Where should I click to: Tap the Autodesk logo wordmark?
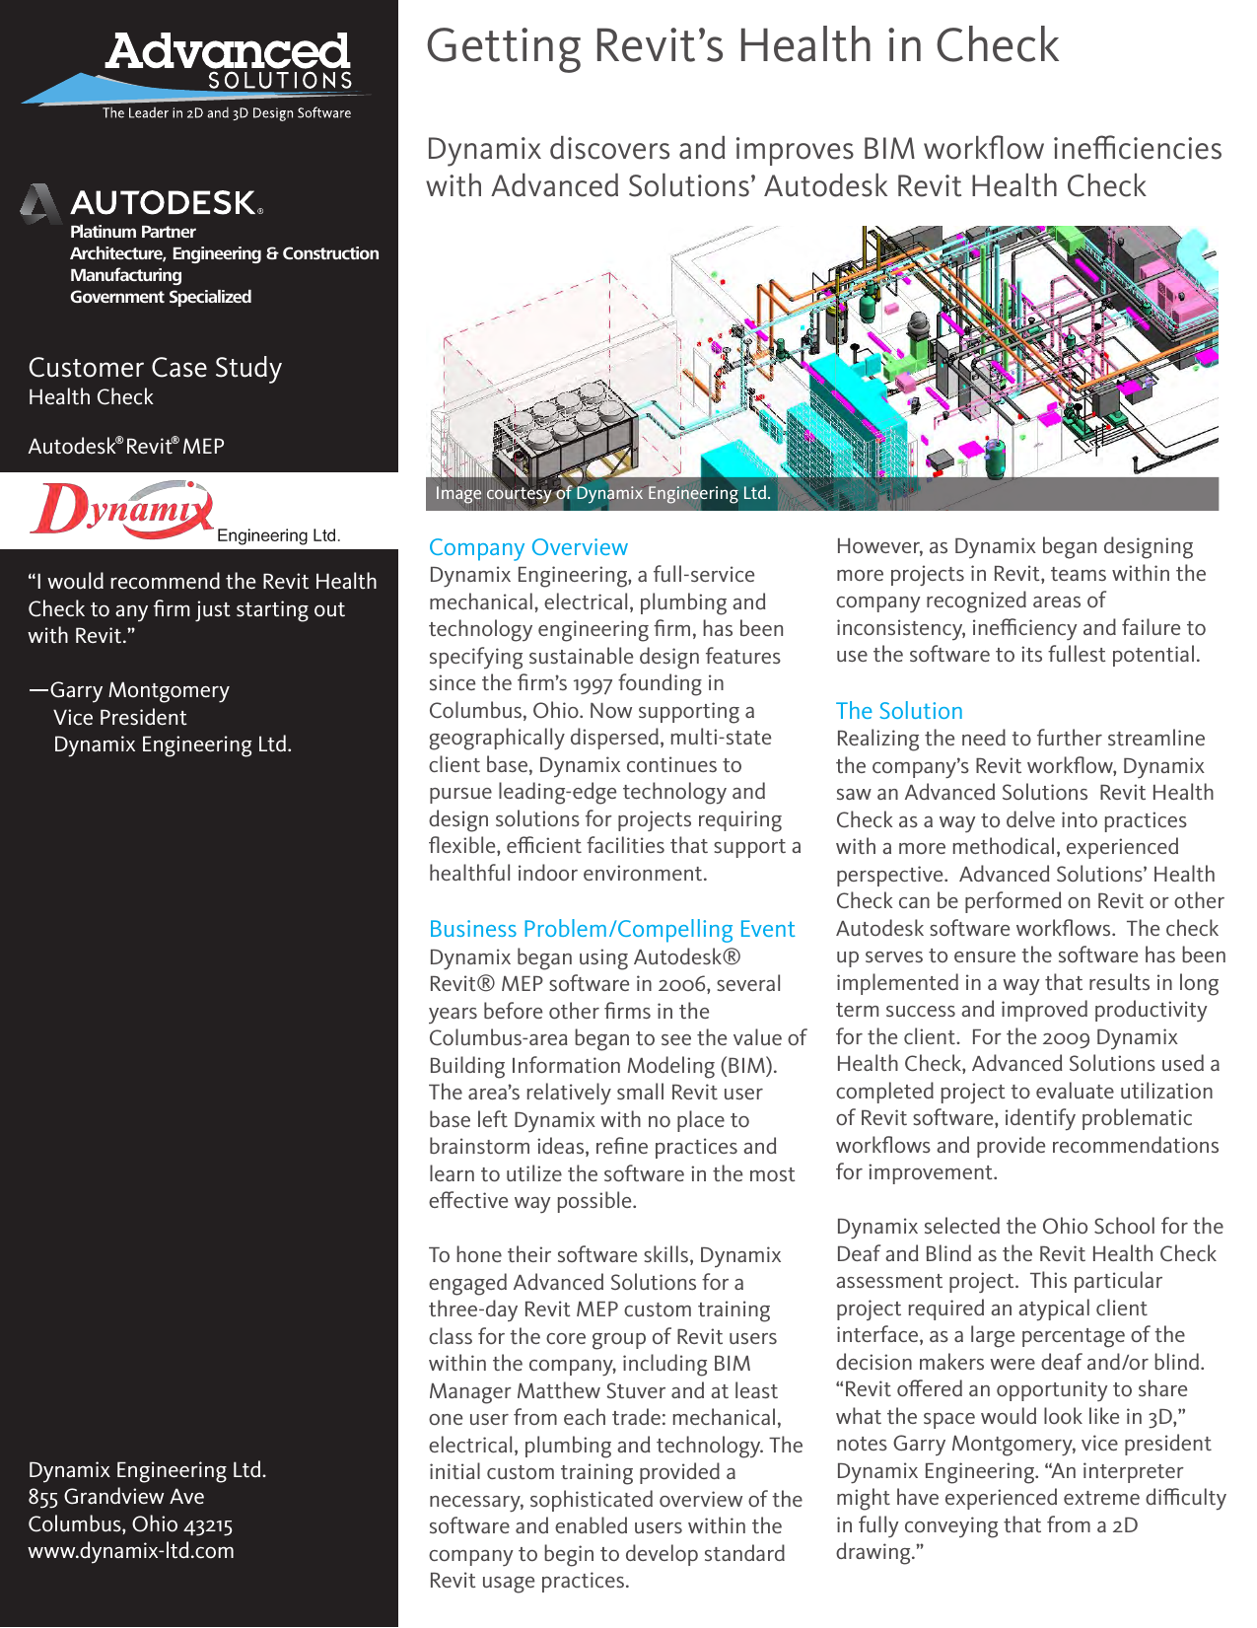(x=164, y=203)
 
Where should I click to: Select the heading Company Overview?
(x=527, y=547)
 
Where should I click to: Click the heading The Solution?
(x=898, y=711)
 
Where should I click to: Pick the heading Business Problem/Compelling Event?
(x=611, y=929)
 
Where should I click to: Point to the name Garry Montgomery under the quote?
(x=139, y=690)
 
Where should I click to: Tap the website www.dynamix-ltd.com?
(x=131, y=1551)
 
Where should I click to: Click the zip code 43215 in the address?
(x=208, y=1524)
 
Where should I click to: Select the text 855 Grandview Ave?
(x=116, y=1497)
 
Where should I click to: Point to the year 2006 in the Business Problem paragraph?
(x=681, y=984)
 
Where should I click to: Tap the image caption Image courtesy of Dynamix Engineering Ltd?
(x=602, y=493)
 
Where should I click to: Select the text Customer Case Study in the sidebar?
(x=155, y=368)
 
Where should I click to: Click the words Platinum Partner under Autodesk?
(x=132, y=232)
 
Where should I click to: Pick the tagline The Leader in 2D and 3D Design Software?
(x=227, y=113)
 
